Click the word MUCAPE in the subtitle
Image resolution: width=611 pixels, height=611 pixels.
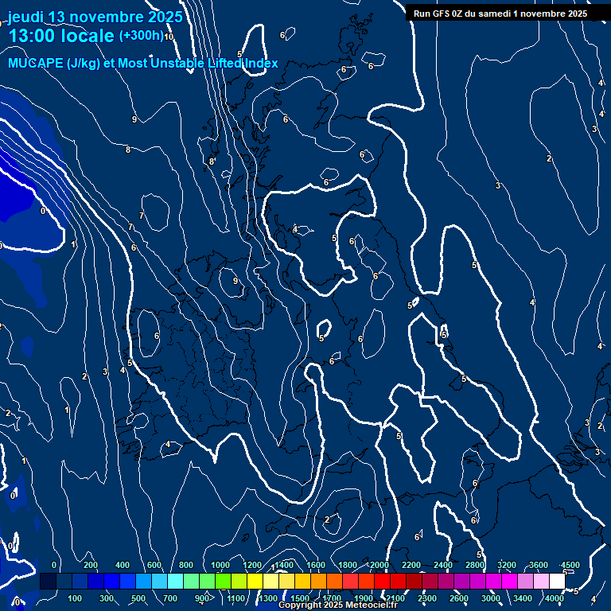click(x=35, y=64)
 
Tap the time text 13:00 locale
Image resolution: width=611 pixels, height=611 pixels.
click(x=61, y=36)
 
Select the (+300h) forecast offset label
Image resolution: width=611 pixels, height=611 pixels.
click(x=141, y=35)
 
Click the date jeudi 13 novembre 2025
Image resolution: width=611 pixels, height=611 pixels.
click(x=95, y=17)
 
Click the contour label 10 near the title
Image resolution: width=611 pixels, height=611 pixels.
click(x=169, y=37)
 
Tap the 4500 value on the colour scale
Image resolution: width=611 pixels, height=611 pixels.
click(x=570, y=565)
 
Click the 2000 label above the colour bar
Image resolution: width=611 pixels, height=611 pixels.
click(x=379, y=565)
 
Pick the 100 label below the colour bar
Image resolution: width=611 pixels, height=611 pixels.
click(x=76, y=598)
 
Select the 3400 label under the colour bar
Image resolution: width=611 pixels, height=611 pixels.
click(x=523, y=598)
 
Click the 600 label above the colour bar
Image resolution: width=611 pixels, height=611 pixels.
click(x=154, y=565)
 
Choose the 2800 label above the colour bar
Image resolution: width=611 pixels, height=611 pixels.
click(x=475, y=565)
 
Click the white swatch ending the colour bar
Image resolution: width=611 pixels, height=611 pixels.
click(x=557, y=582)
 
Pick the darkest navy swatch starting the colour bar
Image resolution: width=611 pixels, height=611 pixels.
click(x=48, y=582)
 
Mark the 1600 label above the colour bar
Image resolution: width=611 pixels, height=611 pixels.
click(x=316, y=565)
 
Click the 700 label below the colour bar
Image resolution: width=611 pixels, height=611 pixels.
click(x=170, y=598)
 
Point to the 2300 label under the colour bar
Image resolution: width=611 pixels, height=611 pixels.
click(x=427, y=598)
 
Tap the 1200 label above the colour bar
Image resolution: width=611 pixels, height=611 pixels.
click(x=252, y=565)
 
